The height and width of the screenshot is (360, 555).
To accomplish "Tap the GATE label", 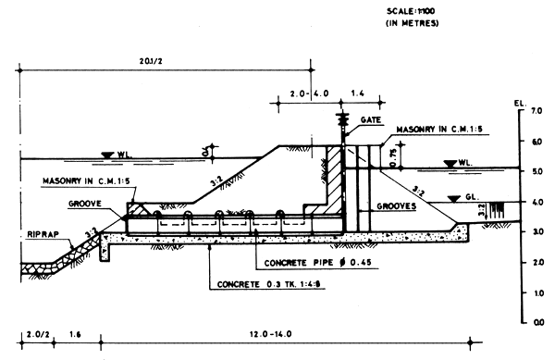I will (x=371, y=120).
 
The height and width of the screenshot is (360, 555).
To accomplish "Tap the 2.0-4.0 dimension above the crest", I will (x=308, y=94).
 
